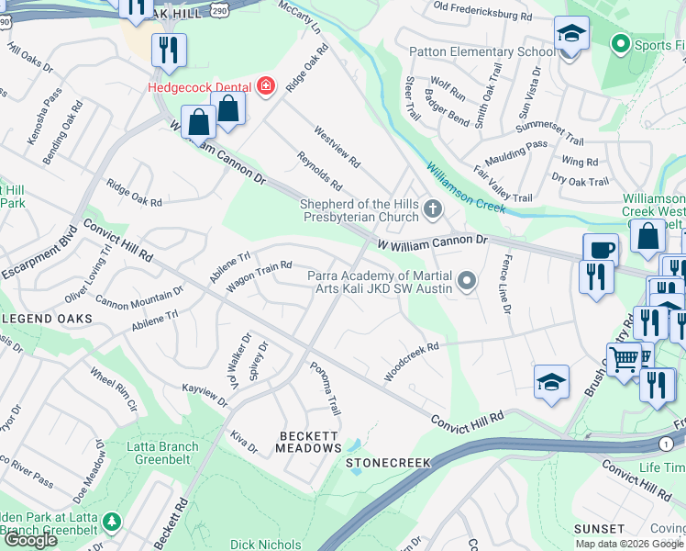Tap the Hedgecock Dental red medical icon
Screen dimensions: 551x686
click(266, 86)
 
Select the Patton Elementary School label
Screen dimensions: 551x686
click(481, 51)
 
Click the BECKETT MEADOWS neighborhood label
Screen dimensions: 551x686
click(309, 441)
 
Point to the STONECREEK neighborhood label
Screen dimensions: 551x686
click(389, 463)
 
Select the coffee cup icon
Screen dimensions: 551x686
click(601, 250)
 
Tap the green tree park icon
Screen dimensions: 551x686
click(111, 522)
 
